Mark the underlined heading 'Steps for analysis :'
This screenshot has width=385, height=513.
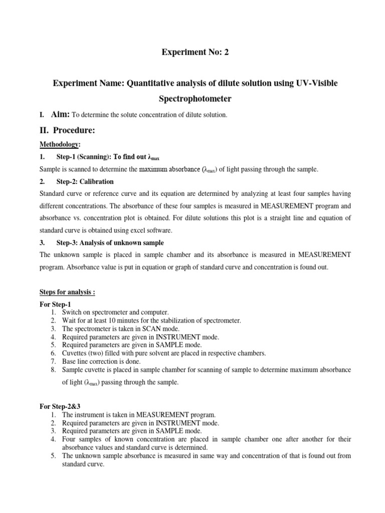67,292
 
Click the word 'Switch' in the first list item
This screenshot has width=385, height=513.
72,313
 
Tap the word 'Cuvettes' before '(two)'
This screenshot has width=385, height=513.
76,353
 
